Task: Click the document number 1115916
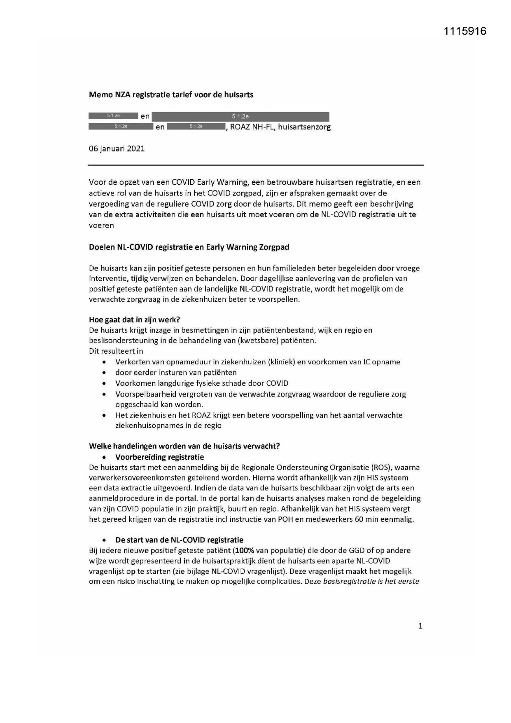click(465, 31)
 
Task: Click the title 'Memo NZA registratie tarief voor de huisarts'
click(171, 95)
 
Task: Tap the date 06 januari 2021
click(117, 149)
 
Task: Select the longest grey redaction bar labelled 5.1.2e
click(240, 117)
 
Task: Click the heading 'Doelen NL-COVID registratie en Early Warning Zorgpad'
click(189, 247)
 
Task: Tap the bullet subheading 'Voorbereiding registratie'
click(159, 457)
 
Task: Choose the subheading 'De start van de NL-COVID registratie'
click(179, 540)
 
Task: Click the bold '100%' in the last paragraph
click(244, 551)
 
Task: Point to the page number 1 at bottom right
click(420, 626)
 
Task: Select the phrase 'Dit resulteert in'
click(116, 351)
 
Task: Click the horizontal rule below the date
click(256, 165)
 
